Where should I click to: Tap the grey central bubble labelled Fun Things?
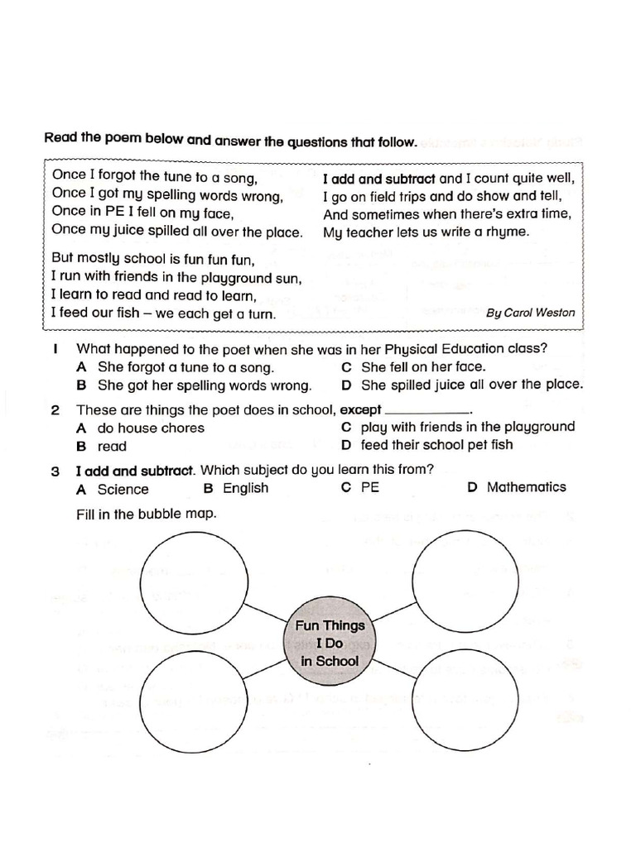[x=330, y=644]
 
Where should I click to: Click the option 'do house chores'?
[x=150, y=428]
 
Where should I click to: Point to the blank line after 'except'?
[x=427, y=411]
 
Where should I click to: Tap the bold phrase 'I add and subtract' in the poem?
[x=378, y=178]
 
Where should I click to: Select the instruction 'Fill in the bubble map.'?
[x=146, y=514]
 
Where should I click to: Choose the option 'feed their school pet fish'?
[x=436, y=445]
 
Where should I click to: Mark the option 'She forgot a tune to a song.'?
[x=185, y=367]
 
